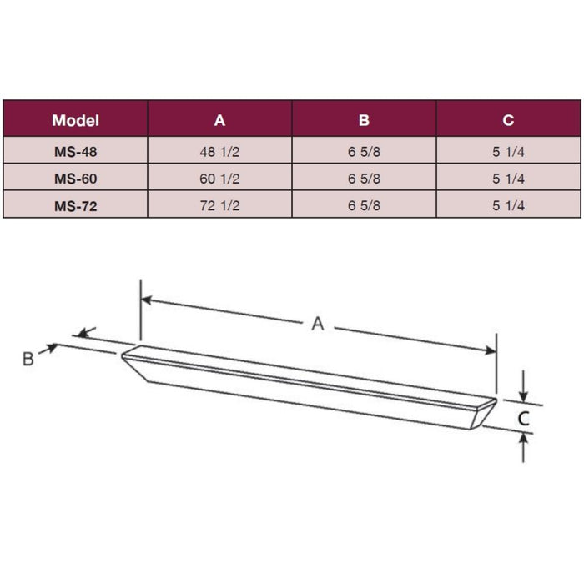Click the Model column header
(75, 120)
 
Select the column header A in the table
(219, 120)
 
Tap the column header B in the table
(364, 120)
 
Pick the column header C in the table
(508, 120)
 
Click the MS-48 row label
(75, 151)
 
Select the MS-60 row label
(75, 178)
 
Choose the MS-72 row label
(75, 204)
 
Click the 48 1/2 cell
(219, 151)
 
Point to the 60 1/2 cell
(219, 178)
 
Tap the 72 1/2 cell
(219, 204)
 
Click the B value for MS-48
(364, 151)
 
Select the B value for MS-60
(364, 178)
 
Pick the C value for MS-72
(508, 204)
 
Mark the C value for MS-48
(508, 151)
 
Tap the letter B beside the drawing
(28, 359)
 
